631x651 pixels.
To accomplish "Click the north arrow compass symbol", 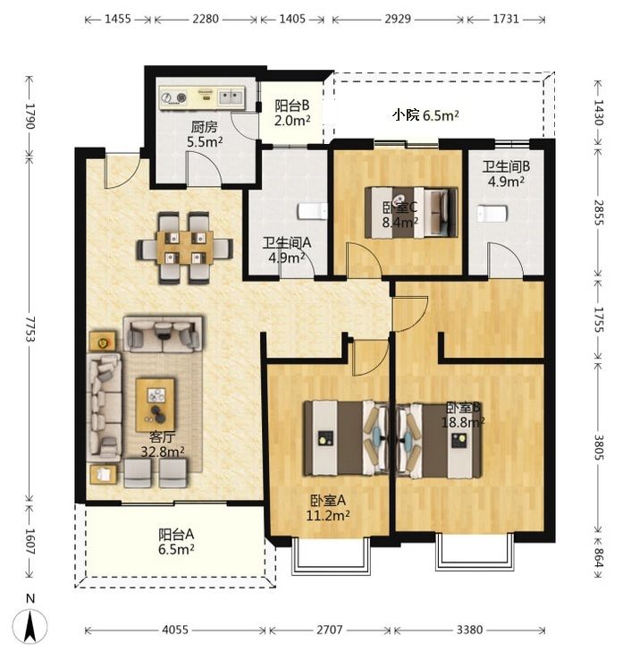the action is pos(29,626).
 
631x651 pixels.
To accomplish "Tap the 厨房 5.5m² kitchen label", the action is pos(205,134).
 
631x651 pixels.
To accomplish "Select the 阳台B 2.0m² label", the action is pos(292,113).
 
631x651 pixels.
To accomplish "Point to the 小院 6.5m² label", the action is pos(425,115).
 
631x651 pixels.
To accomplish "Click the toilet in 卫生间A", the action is pos(313,211).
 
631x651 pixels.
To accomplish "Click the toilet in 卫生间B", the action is pos(492,214).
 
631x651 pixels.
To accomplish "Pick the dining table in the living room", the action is pos(185,248).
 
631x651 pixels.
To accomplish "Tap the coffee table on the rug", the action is pos(156,405).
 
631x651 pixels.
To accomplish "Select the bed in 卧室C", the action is pos(411,213).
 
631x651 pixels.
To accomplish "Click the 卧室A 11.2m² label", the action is pos(328,508).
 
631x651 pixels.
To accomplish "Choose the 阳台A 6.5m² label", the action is pos(176,541).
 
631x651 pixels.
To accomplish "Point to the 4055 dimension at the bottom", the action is pos(175,630).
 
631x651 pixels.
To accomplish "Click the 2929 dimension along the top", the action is pos(398,19).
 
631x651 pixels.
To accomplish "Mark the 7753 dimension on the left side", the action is pos(29,329).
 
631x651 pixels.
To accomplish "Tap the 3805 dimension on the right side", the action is pos(598,447).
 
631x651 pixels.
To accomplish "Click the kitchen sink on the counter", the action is pos(231,97).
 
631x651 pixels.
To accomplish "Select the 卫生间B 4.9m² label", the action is pos(506,174).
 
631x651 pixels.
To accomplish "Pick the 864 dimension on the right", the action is pos(598,557).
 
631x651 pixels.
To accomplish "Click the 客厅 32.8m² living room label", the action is pos(162,444).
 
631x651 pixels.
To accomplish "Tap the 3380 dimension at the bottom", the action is pos(469,630).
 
